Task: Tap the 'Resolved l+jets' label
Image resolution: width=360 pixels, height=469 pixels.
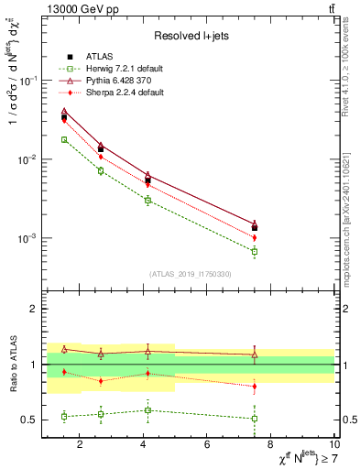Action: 190,36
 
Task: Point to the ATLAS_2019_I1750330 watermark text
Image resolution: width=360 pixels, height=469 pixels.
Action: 190,274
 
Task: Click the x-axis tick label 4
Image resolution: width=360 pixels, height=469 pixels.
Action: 144,445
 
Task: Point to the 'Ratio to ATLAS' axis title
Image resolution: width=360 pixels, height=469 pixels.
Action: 12,364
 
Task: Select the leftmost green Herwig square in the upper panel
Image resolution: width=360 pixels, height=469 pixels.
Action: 64,139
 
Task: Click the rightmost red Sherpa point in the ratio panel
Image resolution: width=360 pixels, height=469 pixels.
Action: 255,387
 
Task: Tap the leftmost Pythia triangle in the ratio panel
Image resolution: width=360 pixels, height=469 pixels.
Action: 64,349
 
